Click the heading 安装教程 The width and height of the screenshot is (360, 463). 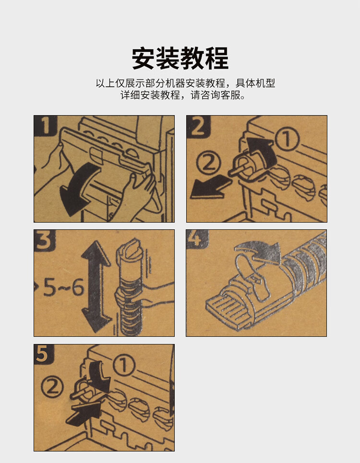point(180,58)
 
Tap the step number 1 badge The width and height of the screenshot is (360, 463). point(46,126)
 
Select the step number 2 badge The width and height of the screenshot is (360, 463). point(198,127)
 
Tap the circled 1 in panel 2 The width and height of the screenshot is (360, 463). point(287,139)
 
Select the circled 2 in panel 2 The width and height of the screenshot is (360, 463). point(209,163)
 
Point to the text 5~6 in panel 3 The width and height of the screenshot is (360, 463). point(63,287)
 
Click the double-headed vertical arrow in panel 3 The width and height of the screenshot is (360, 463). point(96,286)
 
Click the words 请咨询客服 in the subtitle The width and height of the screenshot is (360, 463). point(217,95)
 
